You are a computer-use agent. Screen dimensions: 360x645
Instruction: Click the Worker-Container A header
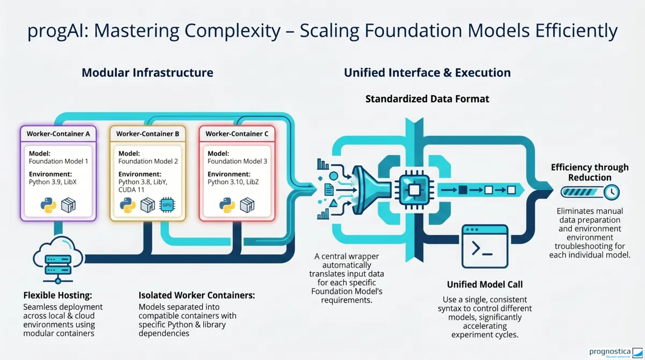tap(58, 133)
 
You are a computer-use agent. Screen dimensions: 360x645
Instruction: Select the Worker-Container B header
tap(147, 133)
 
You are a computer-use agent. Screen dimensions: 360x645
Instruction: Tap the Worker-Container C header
tap(236, 133)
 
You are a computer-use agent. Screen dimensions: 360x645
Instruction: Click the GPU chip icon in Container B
tap(167, 205)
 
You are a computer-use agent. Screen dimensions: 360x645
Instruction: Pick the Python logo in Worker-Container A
tap(48, 205)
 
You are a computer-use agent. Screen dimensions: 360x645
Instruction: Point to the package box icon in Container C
tap(247, 205)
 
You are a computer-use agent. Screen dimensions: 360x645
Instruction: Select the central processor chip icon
tap(414, 190)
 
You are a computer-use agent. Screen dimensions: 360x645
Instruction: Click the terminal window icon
tap(485, 246)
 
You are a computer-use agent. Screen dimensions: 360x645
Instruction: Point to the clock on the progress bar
tap(611, 192)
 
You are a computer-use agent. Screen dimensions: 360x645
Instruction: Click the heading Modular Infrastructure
tap(147, 73)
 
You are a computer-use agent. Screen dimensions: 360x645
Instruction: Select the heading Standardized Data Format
tap(427, 99)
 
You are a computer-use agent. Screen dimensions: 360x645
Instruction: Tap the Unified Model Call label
tap(484, 285)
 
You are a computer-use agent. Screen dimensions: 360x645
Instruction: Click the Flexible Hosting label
tap(58, 296)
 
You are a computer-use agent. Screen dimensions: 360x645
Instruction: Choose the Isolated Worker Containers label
tap(197, 296)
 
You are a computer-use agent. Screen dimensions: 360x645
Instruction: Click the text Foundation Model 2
tap(148, 161)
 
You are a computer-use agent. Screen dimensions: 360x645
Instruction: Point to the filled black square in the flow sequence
tap(462, 190)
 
